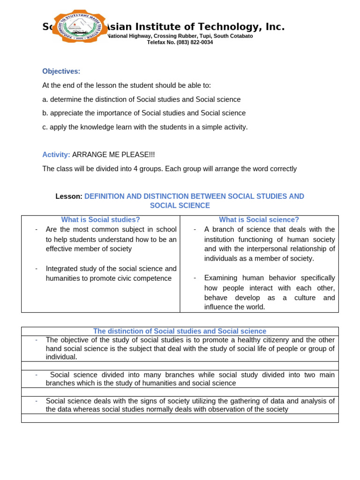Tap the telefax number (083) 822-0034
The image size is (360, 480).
195,42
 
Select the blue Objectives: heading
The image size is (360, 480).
61,71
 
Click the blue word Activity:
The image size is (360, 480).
56,155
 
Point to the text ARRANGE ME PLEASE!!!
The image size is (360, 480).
113,155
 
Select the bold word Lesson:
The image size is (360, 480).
69,196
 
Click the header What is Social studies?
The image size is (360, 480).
100,219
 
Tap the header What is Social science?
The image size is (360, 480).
259,219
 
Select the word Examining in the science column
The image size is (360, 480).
221,278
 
